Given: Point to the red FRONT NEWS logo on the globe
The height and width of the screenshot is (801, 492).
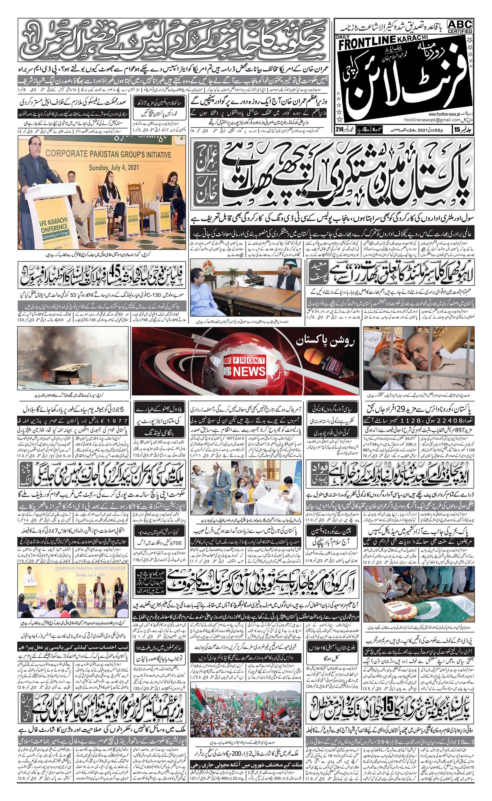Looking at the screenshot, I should pyautogui.click(x=244, y=367).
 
